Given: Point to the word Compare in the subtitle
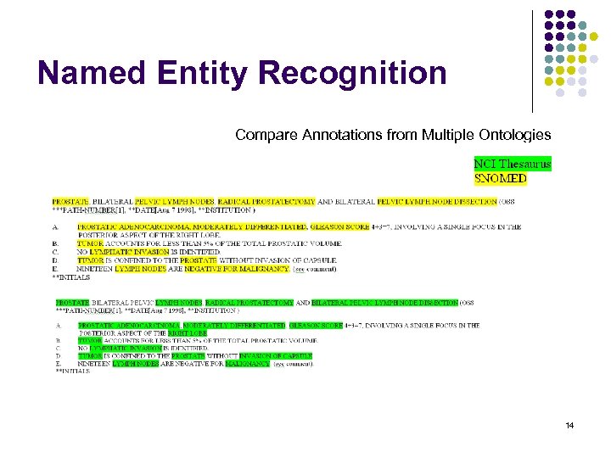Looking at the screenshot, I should [261, 135].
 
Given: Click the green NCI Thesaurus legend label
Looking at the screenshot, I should [512, 164].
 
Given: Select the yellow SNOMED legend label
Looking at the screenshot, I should [500, 178].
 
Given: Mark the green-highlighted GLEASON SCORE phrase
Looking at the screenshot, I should [316, 326].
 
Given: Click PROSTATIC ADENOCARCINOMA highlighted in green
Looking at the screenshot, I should [118, 326].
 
